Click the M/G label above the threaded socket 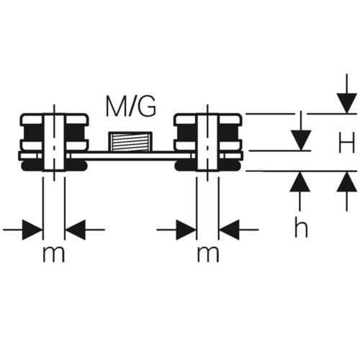(x=131, y=106)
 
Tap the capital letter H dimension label (x=346, y=143)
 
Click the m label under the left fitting (x=54, y=255)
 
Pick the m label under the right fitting (x=208, y=255)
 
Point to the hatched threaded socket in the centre (x=130, y=142)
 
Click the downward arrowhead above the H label (x=346, y=103)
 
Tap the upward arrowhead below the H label (x=346, y=181)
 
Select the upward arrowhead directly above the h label (x=300, y=181)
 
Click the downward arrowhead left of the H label (x=301, y=140)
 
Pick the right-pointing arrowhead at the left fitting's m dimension (x=32, y=230)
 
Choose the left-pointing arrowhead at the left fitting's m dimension (x=76, y=230)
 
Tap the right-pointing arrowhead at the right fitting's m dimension (x=186, y=230)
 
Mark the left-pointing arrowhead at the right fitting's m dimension (x=229, y=230)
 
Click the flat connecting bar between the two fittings (x=131, y=156)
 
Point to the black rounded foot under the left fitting (x=54, y=166)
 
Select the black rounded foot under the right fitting (x=208, y=166)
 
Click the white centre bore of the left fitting (x=54, y=143)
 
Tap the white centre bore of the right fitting (x=208, y=143)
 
